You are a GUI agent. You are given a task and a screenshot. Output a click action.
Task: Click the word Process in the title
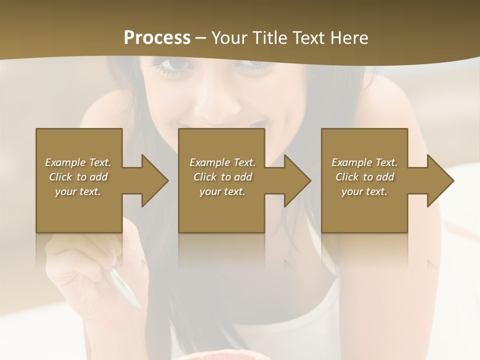[x=157, y=38]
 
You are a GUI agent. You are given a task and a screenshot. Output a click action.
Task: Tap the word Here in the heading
[x=349, y=38]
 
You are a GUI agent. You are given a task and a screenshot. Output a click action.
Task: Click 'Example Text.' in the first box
[x=78, y=162]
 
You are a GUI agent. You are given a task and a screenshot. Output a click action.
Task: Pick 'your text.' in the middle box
[x=222, y=191]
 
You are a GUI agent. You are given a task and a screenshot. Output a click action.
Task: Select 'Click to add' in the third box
[x=364, y=177]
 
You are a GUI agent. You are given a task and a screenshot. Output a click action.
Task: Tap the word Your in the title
[x=229, y=38]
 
